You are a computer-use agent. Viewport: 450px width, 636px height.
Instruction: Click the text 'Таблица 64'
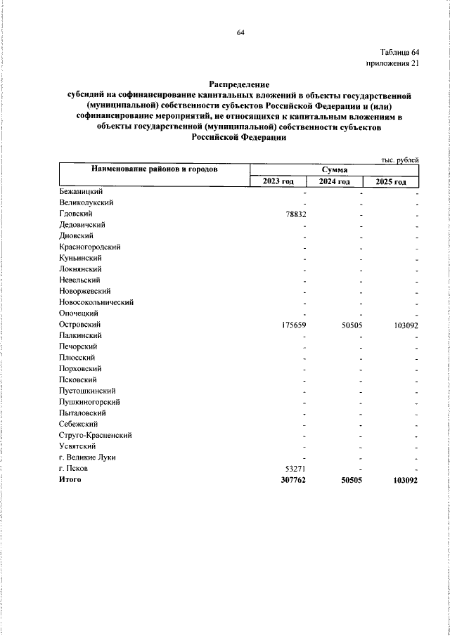coord(399,53)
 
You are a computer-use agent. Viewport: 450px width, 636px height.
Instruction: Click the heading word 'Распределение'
coord(240,84)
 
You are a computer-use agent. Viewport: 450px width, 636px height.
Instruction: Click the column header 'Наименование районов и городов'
coord(153,169)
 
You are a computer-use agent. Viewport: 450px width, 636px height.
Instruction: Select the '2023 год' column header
coord(278,182)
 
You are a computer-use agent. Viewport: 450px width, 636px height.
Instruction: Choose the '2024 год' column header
coord(335,182)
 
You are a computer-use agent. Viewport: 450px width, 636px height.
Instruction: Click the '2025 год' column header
coord(391,182)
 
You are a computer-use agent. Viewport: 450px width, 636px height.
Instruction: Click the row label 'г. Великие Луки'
coord(87,457)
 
